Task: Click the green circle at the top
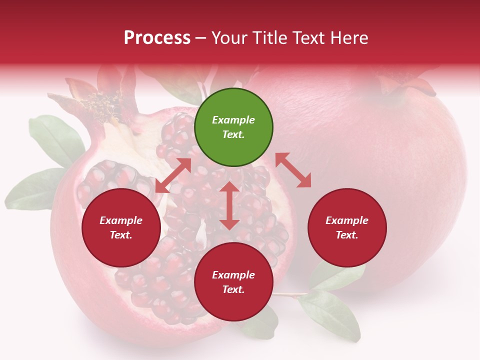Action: (x=233, y=127)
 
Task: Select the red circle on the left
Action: (x=121, y=227)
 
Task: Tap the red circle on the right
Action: (x=347, y=227)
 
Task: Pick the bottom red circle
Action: (x=233, y=282)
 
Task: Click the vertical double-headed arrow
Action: (x=229, y=205)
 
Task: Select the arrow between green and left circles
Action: (x=173, y=175)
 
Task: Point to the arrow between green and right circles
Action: (x=293, y=170)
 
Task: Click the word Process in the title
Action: (x=157, y=37)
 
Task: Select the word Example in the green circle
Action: (x=233, y=120)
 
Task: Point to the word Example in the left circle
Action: (x=121, y=220)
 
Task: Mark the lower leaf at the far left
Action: (x=32, y=190)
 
